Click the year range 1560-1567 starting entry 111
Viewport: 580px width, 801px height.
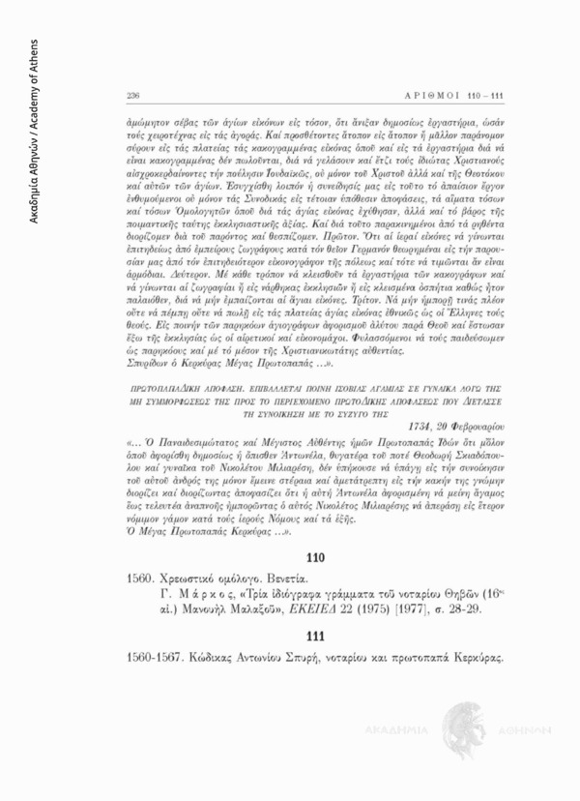[x=154, y=656]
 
